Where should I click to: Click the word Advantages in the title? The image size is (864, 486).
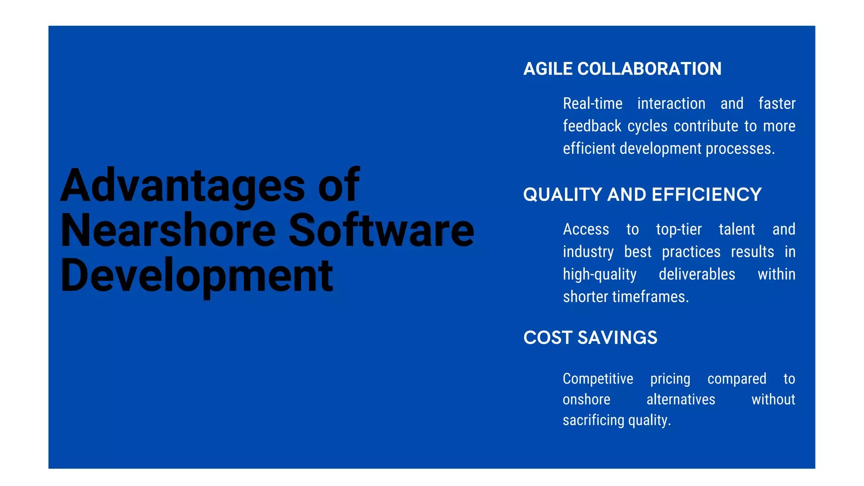(x=183, y=186)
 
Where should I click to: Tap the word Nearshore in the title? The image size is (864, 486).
(x=168, y=230)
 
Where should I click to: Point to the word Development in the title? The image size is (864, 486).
(x=197, y=276)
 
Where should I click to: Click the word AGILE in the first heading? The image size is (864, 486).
(x=548, y=69)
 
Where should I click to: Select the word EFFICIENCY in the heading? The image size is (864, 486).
(x=707, y=195)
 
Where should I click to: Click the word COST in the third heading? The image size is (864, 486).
(x=548, y=337)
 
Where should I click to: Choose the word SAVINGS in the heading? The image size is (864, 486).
(x=617, y=337)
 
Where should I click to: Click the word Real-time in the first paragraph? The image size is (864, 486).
(x=592, y=104)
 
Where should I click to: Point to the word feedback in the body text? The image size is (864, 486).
(x=592, y=126)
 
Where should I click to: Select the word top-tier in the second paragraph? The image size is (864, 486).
(x=678, y=229)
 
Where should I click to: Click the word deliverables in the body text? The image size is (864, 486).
(x=697, y=275)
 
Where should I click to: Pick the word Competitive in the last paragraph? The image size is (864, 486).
(x=598, y=379)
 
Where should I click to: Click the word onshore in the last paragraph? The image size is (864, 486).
(x=586, y=400)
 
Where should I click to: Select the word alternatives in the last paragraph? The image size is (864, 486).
(x=680, y=400)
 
